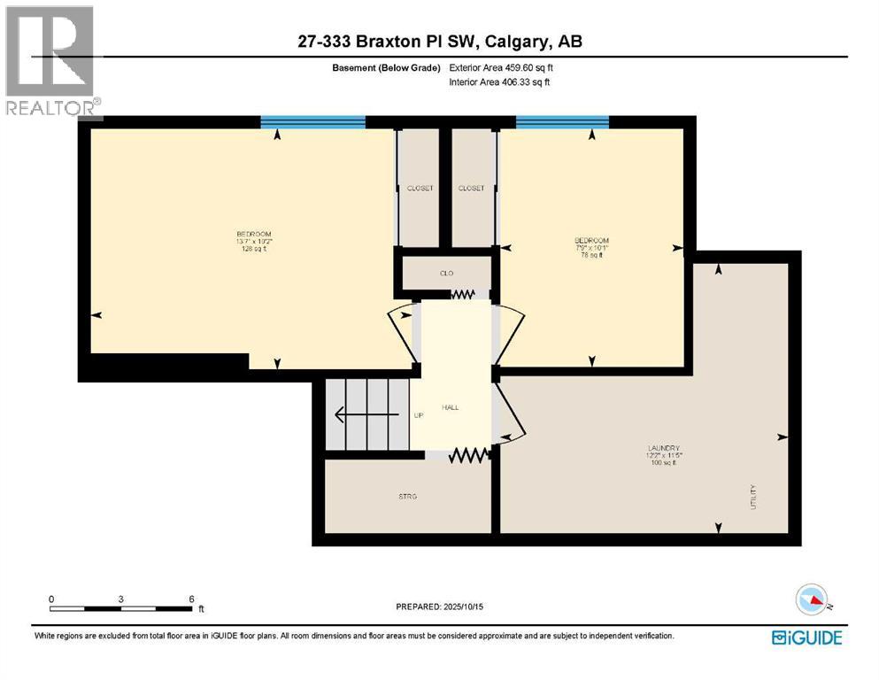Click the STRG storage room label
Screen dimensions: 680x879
(x=408, y=497)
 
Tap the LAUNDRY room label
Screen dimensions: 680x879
(x=662, y=449)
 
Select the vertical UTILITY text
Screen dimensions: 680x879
(x=753, y=497)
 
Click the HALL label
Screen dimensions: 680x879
(x=450, y=407)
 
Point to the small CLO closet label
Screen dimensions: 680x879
(x=447, y=273)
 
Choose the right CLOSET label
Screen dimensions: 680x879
(x=472, y=189)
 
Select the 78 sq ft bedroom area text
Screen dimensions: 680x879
(x=591, y=255)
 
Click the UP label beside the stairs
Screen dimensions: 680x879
(x=419, y=415)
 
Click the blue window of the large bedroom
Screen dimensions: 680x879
(x=313, y=122)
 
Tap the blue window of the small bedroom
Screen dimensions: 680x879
(x=562, y=122)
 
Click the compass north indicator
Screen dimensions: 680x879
(x=812, y=599)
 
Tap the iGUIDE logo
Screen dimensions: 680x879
(x=806, y=637)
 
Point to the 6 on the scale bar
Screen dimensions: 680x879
(x=191, y=599)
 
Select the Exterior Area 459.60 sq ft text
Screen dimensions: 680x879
(x=502, y=67)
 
